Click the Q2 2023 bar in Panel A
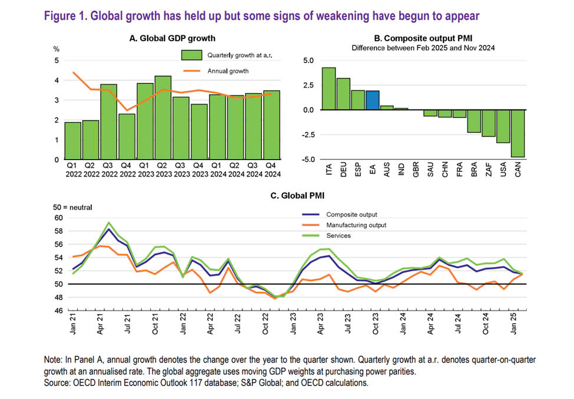[163, 118]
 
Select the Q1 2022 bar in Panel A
[72, 141]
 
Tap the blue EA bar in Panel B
[372, 100]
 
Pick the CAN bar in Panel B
[517, 133]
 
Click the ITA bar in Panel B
[329, 89]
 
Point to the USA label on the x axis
[503, 169]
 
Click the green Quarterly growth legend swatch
[191, 55]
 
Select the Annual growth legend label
[228, 71]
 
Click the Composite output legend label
[351, 215]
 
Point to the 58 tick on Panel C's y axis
[58, 231]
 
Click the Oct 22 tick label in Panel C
[266, 324]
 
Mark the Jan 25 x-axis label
[513, 324]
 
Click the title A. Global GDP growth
[172, 38]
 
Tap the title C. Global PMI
[297, 196]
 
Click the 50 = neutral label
[72, 208]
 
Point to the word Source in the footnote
[57, 383]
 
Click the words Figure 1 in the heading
[65, 16]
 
